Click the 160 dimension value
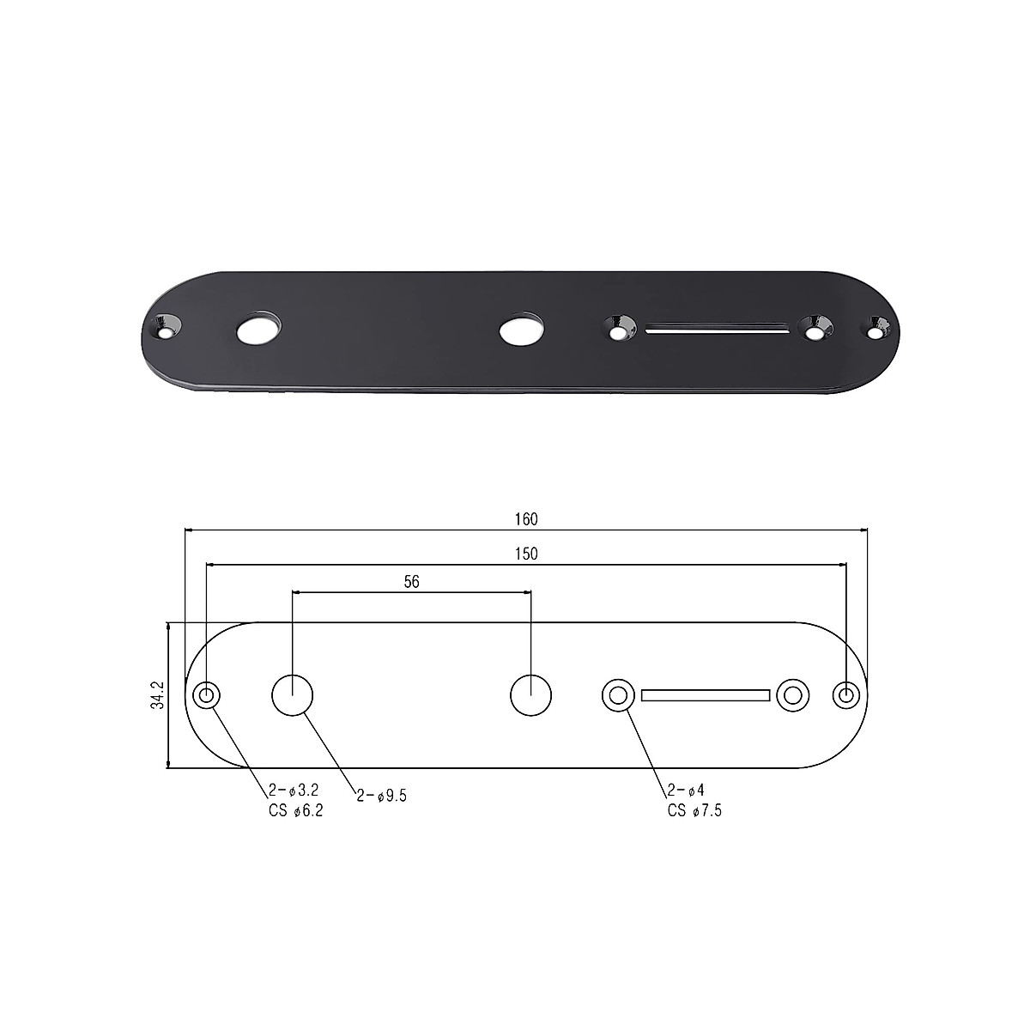coord(526,519)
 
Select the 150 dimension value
coord(526,554)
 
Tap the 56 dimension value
coord(411,582)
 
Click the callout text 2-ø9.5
coord(381,796)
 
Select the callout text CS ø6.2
coord(295,812)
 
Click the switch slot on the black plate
coord(718,328)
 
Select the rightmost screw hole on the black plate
coord(875,327)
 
